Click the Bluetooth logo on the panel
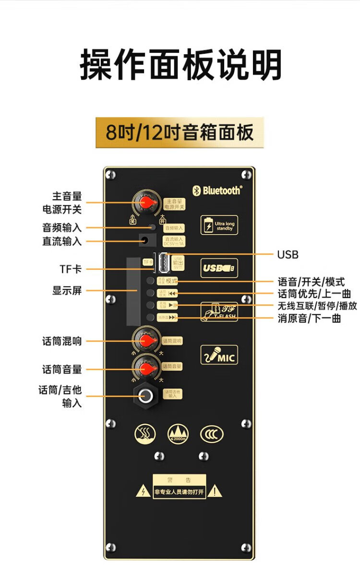point(217,191)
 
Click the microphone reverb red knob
point(146,340)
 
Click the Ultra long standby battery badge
point(219,226)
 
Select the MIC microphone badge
point(219,355)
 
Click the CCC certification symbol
point(212,434)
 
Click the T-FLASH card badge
point(219,312)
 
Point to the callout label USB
point(288,254)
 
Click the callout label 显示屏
point(67,290)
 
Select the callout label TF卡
point(70,269)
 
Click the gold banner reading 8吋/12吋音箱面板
point(180,132)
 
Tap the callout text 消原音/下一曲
point(309,318)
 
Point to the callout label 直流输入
point(62,241)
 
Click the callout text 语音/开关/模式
point(311,282)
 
